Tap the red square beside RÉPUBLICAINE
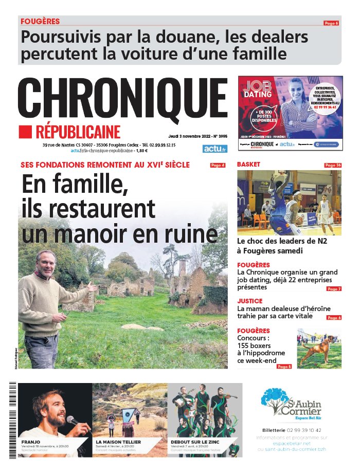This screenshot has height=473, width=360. point(25,132)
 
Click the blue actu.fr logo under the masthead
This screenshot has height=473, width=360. point(214,149)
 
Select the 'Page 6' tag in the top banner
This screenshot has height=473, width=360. point(331,23)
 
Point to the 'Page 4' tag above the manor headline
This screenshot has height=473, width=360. point(218,165)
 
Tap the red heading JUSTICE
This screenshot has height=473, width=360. point(250,301)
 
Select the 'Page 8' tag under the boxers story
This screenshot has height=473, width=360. point(284,367)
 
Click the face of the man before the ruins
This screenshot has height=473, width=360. point(46,264)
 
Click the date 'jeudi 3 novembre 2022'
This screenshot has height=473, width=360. point(190,137)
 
